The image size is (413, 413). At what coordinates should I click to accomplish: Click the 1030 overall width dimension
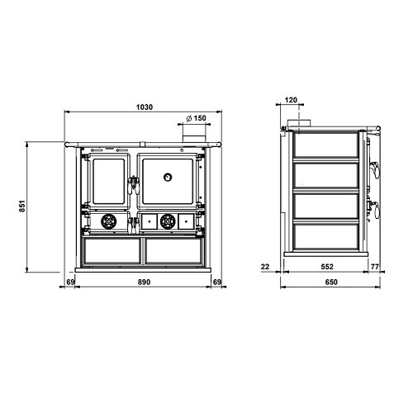[x=145, y=107]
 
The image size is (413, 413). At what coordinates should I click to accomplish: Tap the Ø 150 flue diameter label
[x=196, y=118]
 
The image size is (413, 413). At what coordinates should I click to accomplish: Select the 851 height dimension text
[x=22, y=206]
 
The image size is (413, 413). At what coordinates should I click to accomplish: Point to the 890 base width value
[x=144, y=282]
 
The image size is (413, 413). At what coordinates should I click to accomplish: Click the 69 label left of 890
[x=70, y=282]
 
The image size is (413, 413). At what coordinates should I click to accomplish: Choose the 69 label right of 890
[x=217, y=282]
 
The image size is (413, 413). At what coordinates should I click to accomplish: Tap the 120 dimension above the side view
[x=291, y=100]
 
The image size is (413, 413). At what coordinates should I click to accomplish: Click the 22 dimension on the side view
[x=265, y=267]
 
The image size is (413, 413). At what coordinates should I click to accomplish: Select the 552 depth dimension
[x=327, y=267]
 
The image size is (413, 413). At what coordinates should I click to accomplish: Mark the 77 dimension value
[x=375, y=267]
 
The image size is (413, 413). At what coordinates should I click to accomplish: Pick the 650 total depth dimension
[x=331, y=282]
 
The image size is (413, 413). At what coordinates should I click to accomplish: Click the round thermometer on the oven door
[x=168, y=177]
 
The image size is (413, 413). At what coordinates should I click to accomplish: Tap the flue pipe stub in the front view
[x=194, y=139]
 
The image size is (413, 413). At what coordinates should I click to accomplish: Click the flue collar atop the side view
[x=299, y=123]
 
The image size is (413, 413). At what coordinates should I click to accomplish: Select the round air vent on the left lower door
[x=109, y=221]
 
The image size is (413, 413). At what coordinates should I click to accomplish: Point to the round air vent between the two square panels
[x=168, y=221]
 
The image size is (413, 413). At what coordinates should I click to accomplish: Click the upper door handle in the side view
[x=375, y=169]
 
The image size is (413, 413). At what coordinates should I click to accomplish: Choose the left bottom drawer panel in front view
[x=112, y=251]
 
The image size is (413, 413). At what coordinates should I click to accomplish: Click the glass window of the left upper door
[x=109, y=182]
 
